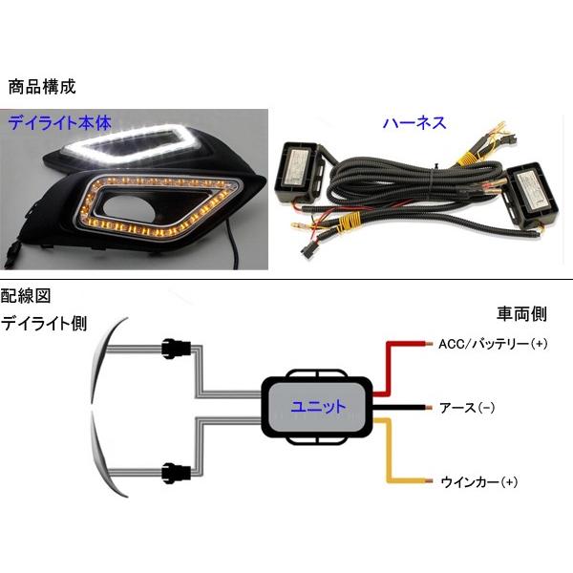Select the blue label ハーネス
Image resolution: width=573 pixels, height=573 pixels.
[414, 123]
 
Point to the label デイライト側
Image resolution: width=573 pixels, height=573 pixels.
[44, 323]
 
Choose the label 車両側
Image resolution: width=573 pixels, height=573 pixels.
[524, 313]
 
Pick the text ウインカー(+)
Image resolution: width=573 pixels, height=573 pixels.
[477, 481]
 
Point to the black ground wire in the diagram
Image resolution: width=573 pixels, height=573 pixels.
[401, 408]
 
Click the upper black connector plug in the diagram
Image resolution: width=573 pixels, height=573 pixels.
[177, 350]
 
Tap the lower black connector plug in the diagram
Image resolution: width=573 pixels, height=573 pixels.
[177, 470]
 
